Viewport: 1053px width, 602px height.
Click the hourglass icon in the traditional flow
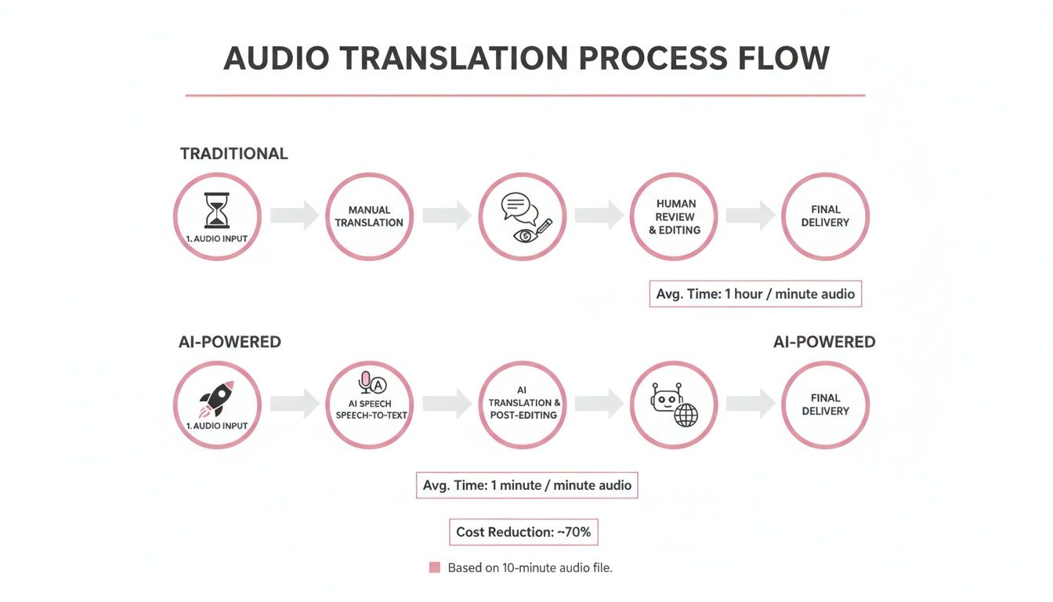point(217,210)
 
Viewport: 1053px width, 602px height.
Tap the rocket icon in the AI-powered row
point(217,398)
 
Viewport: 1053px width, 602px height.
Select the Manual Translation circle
point(369,216)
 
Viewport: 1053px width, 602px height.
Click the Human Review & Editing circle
point(674,216)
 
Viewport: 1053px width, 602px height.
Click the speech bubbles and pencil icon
point(522,216)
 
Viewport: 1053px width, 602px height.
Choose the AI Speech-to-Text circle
point(369,404)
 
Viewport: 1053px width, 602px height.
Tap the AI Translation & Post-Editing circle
point(522,404)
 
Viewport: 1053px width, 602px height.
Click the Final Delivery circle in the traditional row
point(826,216)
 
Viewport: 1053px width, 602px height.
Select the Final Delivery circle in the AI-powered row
point(826,404)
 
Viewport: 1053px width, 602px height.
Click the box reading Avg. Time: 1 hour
point(755,294)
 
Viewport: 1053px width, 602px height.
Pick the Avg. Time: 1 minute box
point(526,485)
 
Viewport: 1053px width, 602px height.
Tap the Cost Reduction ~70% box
point(523,532)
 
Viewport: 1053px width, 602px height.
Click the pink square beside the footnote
point(435,568)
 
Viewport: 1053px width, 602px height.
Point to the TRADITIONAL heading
point(234,154)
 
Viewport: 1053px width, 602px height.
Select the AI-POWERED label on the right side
point(824,342)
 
